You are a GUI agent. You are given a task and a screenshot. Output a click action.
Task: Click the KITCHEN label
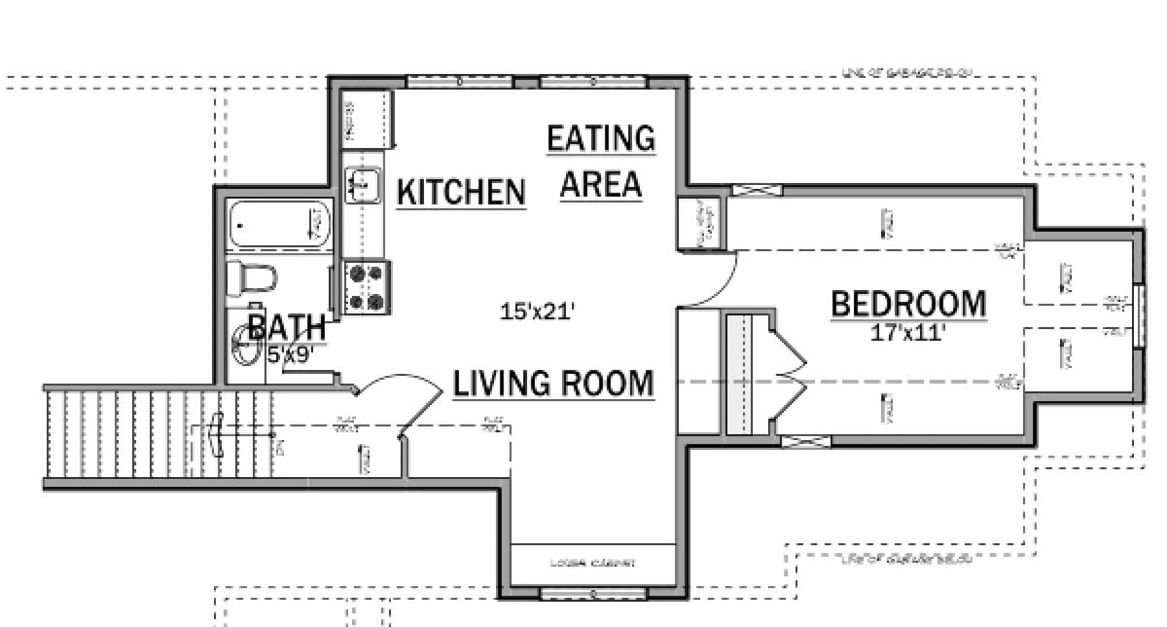(x=462, y=192)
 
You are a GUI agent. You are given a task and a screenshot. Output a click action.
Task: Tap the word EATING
(x=600, y=139)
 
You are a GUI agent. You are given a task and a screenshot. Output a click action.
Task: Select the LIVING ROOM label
(x=553, y=383)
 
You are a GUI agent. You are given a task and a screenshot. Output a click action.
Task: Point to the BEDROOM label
(x=908, y=305)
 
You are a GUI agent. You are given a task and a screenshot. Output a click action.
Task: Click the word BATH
(x=286, y=326)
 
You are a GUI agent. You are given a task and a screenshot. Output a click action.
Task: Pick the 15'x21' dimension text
(x=538, y=313)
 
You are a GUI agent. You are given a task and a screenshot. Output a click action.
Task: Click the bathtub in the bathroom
(x=279, y=224)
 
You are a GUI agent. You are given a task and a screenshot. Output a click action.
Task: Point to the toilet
(x=255, y=279)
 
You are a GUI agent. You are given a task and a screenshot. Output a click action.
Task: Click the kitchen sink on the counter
(x=364, y=183)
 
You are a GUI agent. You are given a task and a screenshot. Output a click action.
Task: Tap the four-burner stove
(x=367, y=288)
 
